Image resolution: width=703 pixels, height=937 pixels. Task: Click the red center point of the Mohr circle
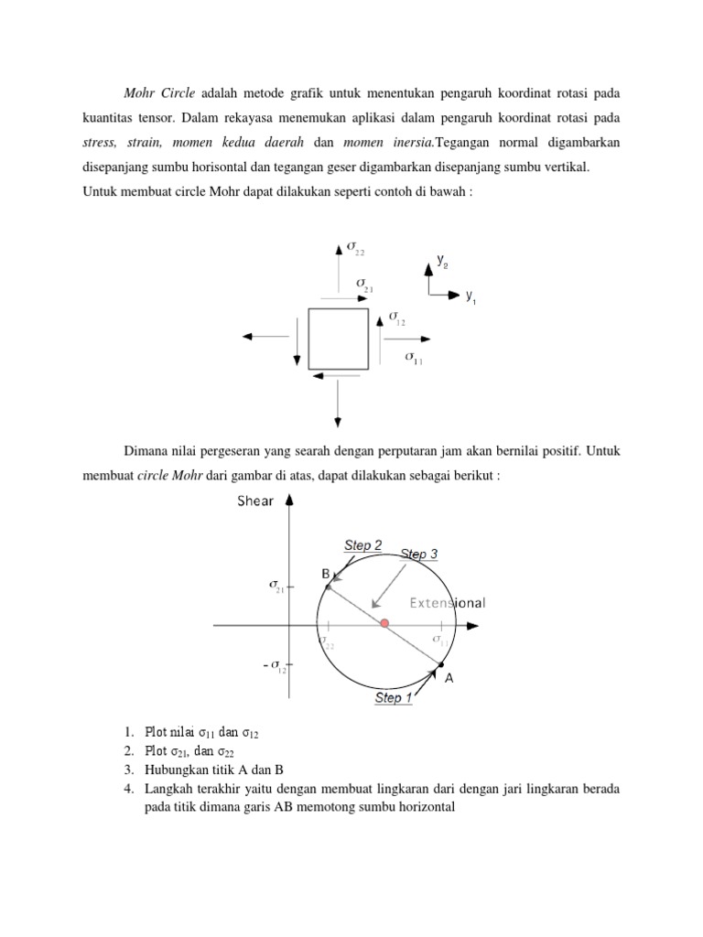tap(384, 623)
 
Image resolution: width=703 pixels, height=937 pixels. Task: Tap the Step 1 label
tap(394, 698)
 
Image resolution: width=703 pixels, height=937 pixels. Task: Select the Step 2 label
tap(362, 545)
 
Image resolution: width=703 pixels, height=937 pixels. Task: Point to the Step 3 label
tap(419, 554)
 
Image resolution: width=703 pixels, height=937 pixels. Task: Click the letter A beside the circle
tap(449, 678)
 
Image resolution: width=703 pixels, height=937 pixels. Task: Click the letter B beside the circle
tap(324, 573)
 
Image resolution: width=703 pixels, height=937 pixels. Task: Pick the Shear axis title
tap(255, 501)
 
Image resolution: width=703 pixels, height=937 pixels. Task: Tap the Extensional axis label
tap(447, 603)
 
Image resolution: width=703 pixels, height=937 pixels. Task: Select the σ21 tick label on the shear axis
tap(276, 586)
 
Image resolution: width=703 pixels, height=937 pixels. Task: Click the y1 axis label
tap(470, 296)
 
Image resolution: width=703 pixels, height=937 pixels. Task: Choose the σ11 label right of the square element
tap(415, 358)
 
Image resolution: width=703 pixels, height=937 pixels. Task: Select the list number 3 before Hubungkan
tap(124, 770)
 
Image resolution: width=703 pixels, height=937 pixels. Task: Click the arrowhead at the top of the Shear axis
tap(289, 500)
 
